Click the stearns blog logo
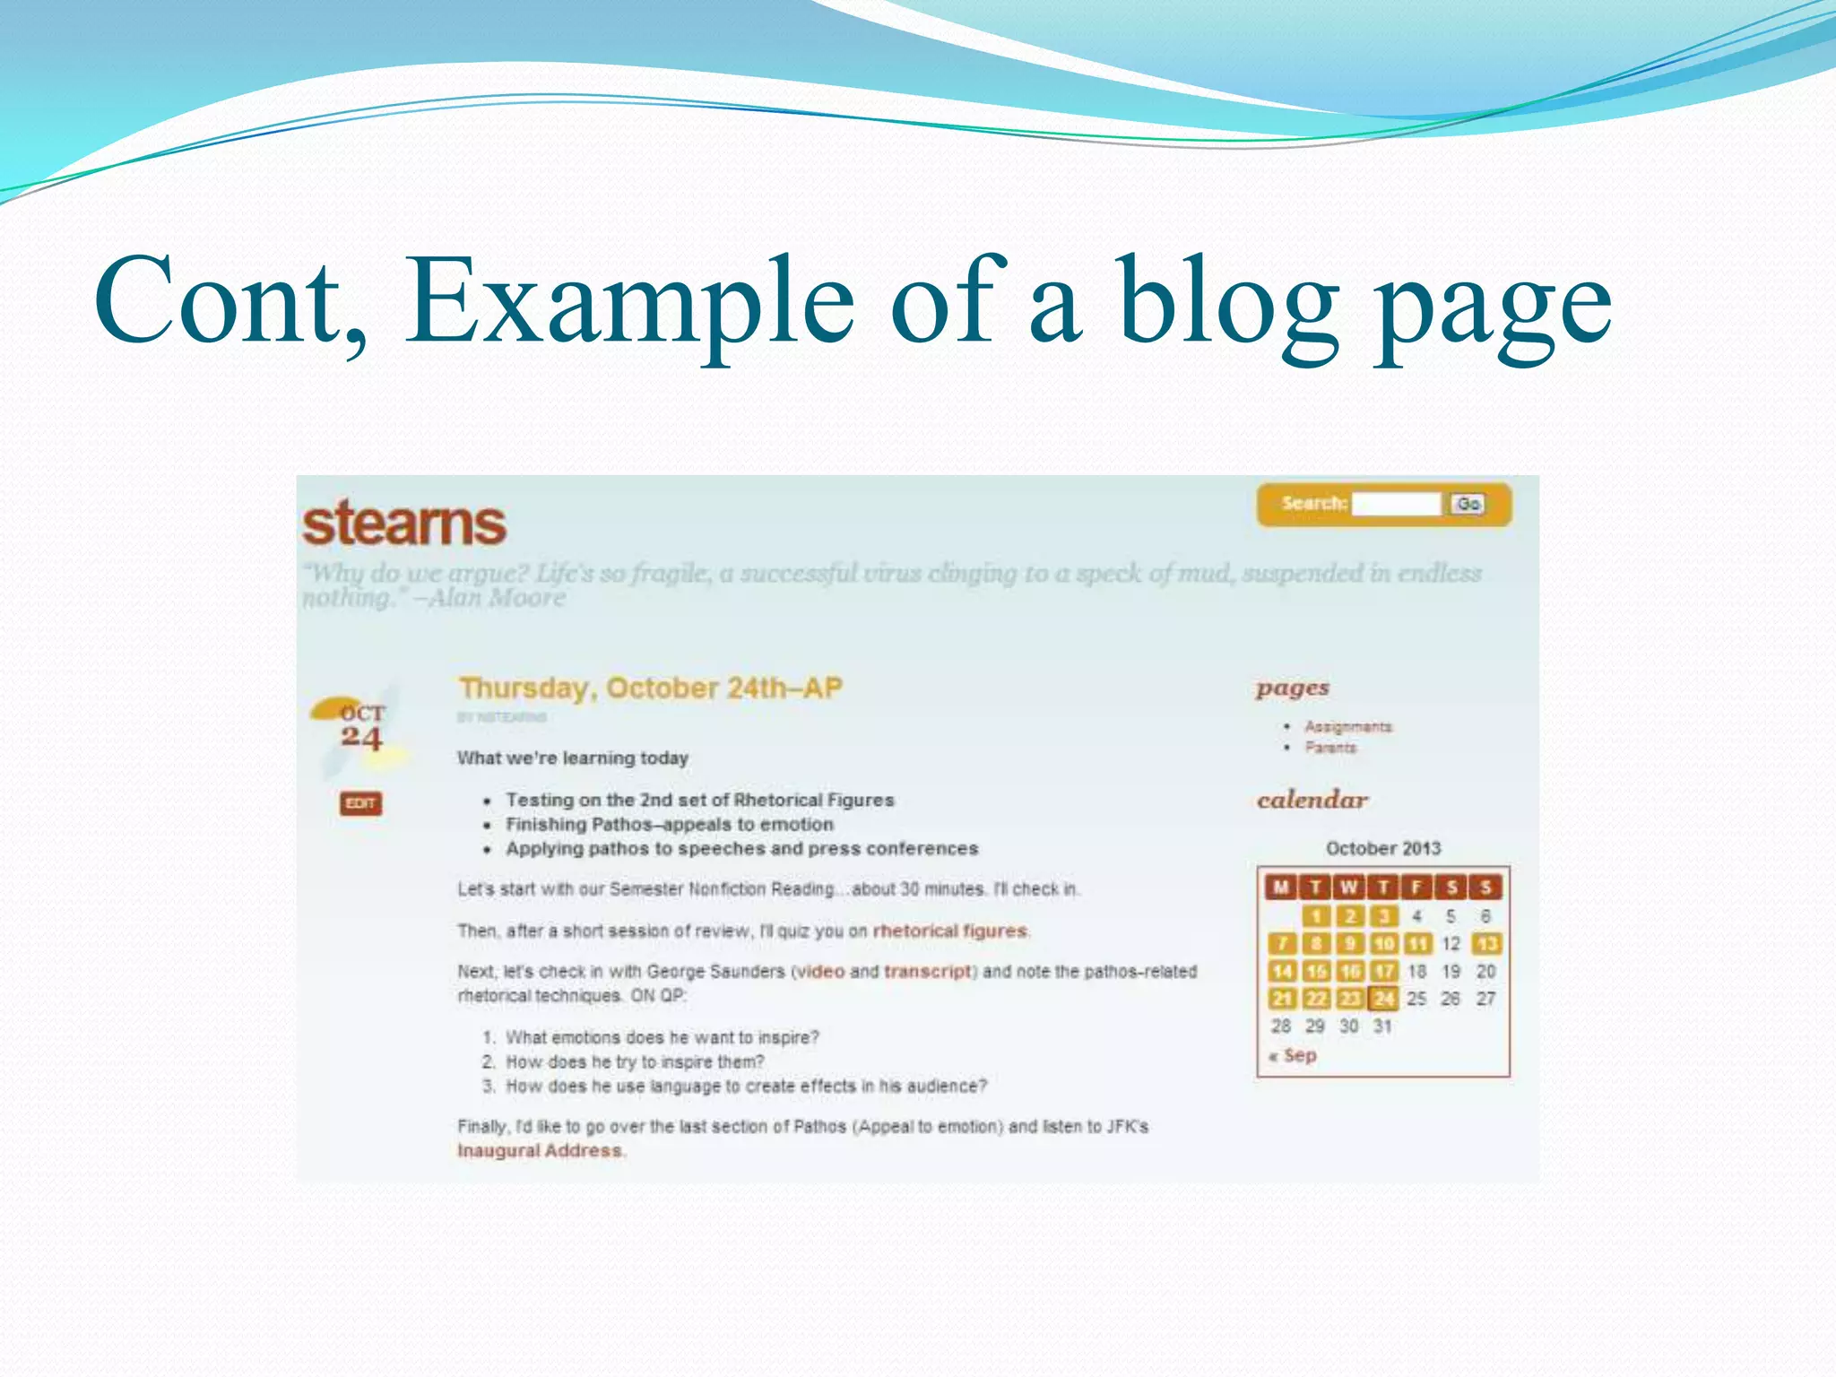pos(404,524)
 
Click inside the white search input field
pos(1397,504)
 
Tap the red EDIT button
pos(360,803)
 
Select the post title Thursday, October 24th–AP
pos(651,688)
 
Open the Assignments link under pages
pos(1347,726)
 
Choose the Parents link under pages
pos(1330,748)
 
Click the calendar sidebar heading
pos(1312,800)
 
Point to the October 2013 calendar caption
pos(1383,848)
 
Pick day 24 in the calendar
pos(1384,999)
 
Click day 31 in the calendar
pos(1382,1026)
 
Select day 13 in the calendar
pos(1486,944)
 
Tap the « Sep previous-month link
pos(1293,1055)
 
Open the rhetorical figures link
pos(950,931)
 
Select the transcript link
pos(928,972)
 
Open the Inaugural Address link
pos(540,1151)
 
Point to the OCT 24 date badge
pos(361,726)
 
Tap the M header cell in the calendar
pos(1281,888)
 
